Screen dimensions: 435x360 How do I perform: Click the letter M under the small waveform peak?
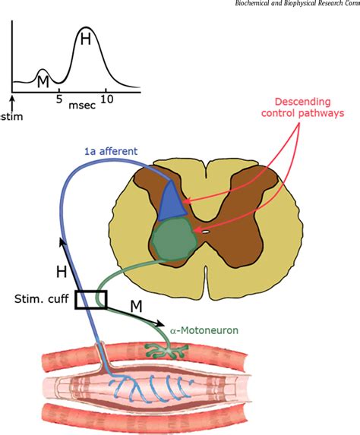click(x=43, y=78)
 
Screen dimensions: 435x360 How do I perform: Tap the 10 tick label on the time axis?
click(x=107, y=99)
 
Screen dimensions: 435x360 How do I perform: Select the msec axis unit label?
click(x=81, y=107)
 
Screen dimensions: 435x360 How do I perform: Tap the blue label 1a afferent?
click(x=111, y=151)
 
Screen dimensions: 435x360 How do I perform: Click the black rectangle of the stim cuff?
click(x=91, y=300)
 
